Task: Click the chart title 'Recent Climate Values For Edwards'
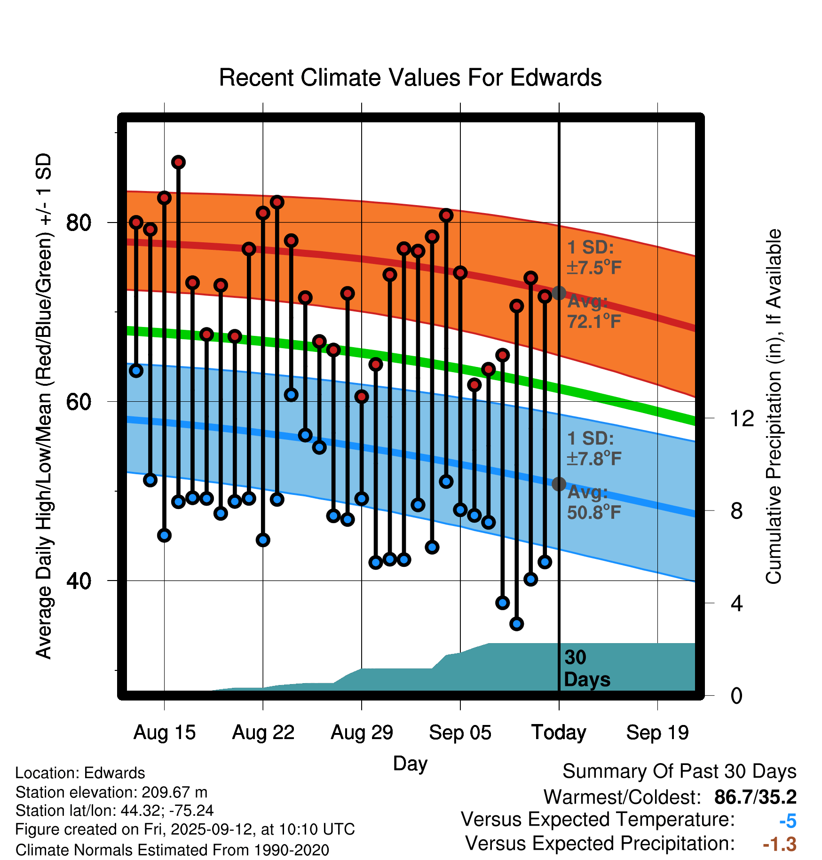pos(410,78)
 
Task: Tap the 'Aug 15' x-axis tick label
pos(164,733)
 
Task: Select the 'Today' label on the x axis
pos(559,733)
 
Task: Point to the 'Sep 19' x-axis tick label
pos(657,733)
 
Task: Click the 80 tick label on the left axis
pos(79,223)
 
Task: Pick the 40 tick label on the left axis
pos(79,581)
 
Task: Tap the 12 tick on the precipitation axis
pos(742,418)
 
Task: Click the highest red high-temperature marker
pos(178,162)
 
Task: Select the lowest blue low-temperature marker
pos(517,624)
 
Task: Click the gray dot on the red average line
pos(559,293)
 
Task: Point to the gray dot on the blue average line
pos(559,484)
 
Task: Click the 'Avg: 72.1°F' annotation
pos(593,311)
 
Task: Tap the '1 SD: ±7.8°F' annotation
pos(593,448)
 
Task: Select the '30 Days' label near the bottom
pos(587,669)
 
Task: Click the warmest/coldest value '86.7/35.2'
pos(755,797)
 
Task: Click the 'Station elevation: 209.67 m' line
pos(111,792)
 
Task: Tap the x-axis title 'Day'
pos(410,763)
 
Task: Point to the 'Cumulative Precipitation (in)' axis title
pos(774,406)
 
